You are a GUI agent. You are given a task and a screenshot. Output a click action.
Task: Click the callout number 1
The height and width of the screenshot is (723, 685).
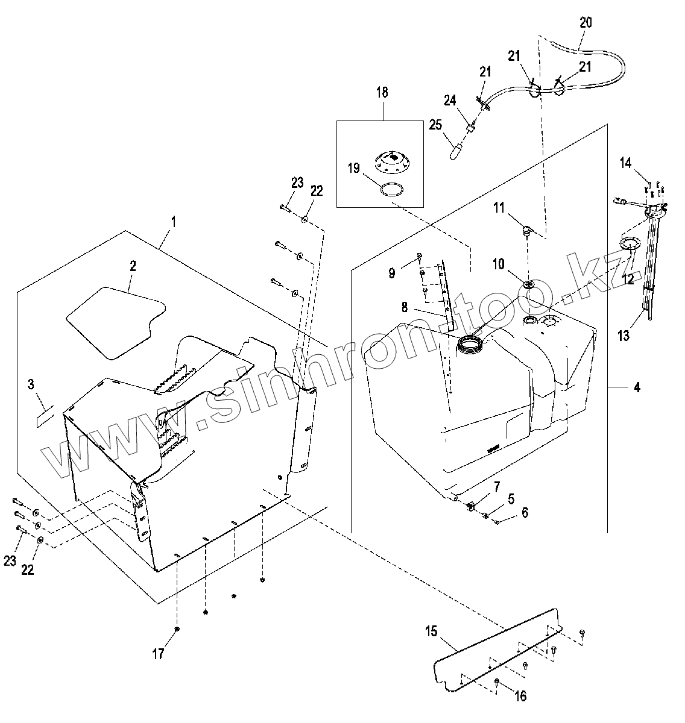pyautogui.click(x=174, y=222)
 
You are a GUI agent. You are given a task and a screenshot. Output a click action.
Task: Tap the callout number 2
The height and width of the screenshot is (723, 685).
pyautogui.click(x=133, y=266)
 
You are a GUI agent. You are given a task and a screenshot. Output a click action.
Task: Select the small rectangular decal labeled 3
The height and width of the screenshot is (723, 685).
pyautogui.click(x=45, y=417)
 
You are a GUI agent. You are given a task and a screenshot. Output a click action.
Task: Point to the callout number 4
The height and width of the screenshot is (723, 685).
pyautogui.click(x=637, y=387)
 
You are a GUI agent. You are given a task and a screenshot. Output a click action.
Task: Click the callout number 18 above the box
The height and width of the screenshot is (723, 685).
pyautogui.click(x=382, y=92)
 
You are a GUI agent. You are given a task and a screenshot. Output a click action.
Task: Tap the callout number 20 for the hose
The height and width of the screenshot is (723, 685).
pyautogui.click(x=586, y=23)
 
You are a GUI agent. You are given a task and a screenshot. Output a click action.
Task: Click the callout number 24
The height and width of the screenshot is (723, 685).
pyautogui.click(x=450, y=100)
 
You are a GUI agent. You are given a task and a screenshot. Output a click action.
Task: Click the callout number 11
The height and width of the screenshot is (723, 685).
pyautogui.click(x=499, y=208)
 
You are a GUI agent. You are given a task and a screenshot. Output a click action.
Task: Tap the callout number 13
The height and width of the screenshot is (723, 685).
pyautogui.click(x=623, y=336)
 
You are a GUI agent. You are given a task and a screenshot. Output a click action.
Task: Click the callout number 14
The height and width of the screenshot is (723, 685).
pyautogui.click(x=626, y=163)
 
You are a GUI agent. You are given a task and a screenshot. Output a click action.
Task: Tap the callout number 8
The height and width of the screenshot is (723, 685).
pyautogui.click(x=405, y=307)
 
